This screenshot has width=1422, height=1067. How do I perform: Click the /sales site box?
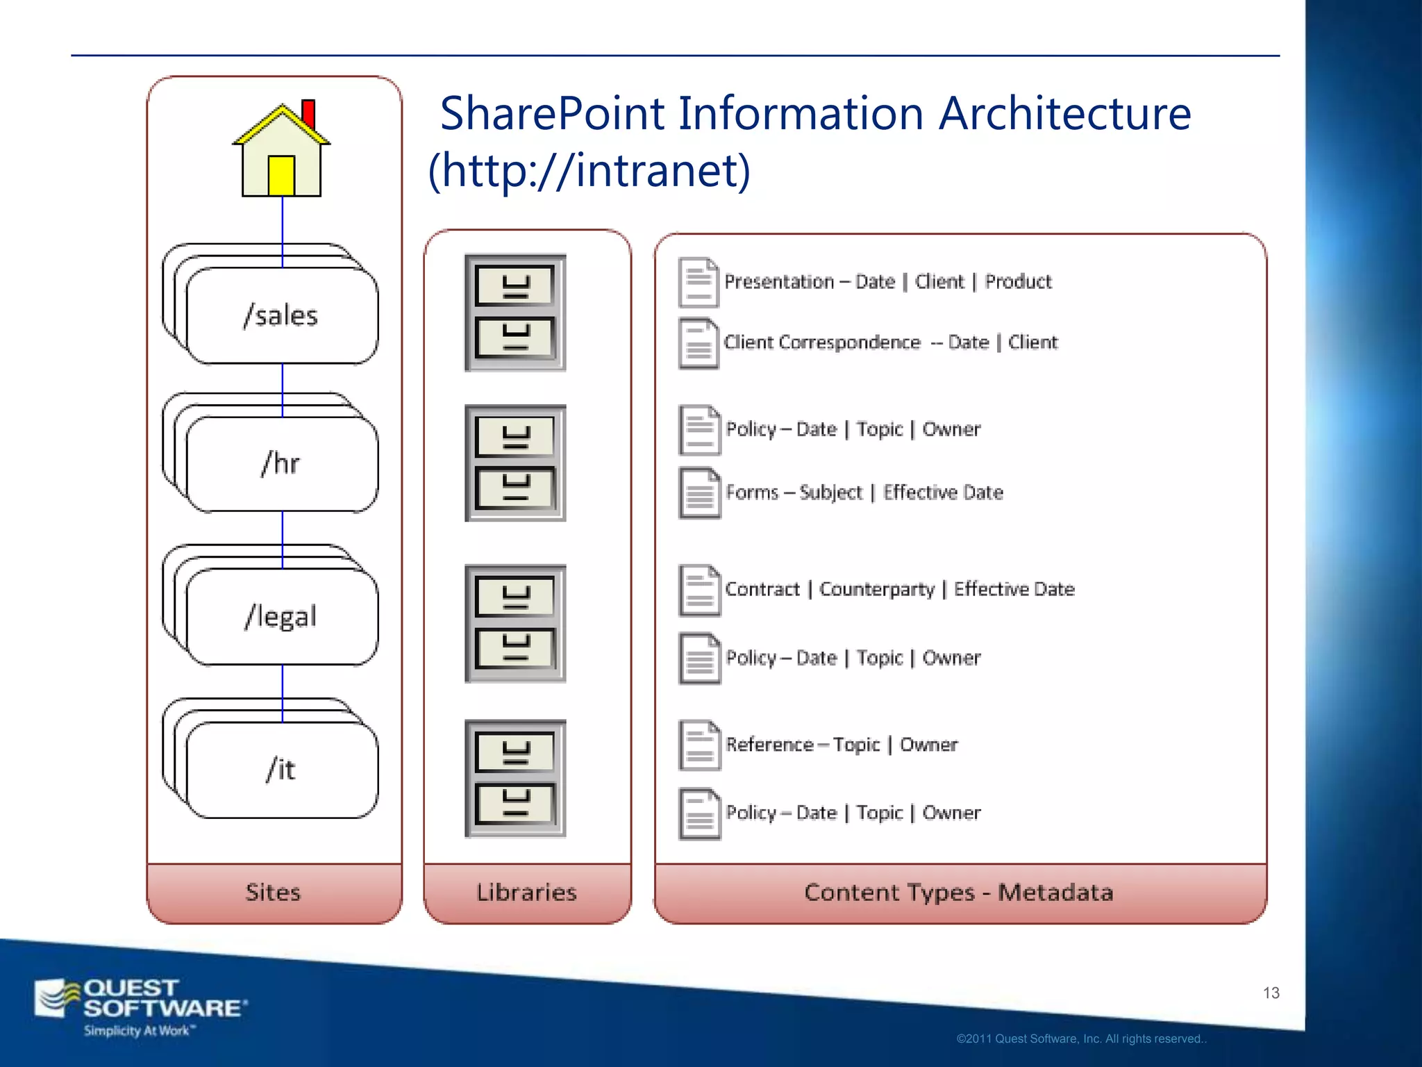click(x=281, y=316)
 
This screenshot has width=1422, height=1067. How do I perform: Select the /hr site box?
click(x=281, y=464)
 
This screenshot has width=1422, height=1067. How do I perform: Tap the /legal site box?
click(x=281, y=617)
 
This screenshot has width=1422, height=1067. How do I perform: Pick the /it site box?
click(x=281, y=770)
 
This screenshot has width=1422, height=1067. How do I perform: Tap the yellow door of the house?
click(x=281, y=175)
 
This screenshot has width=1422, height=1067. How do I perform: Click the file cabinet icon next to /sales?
click(x=515, y=313)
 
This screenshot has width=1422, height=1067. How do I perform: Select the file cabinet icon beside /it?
click(x=515, y=778)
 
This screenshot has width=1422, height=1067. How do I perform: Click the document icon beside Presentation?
click(x=698, y=282)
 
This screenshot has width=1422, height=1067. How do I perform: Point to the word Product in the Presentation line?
click(x=1018, y=282)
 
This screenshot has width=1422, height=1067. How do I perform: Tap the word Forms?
click(x=752, y=493)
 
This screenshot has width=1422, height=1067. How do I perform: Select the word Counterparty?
click(x=876, y=589)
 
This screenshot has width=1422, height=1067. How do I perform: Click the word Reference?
click(x=769, y=745)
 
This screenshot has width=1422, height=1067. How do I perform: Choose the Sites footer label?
click(x=273, y=893)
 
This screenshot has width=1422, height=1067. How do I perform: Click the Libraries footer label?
click(x=526, y=893)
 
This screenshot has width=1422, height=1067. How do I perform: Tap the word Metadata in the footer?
click(x=1055, y=893)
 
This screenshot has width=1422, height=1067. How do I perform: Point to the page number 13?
click(x=1271, y=993)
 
